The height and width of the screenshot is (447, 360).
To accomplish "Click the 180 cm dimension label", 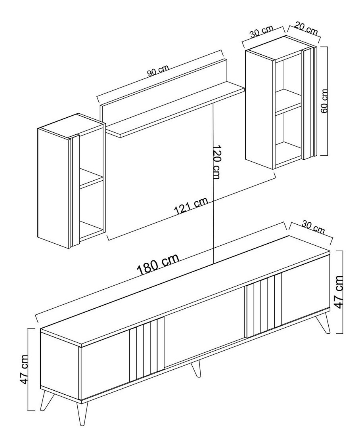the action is click(158, 265).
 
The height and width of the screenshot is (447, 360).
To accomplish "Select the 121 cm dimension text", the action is click(191, 206).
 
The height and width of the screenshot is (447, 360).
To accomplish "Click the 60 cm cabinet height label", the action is click(324, 101).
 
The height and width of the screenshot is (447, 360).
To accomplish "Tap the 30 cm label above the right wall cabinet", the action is click(262, 32).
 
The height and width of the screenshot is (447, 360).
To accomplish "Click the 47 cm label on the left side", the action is click(25, 369).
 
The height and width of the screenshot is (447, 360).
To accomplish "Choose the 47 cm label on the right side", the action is click(339, 292).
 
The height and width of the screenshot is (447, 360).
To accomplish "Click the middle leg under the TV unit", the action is click(195, 369).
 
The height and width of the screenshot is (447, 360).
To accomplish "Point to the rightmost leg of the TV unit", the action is click(323, 324).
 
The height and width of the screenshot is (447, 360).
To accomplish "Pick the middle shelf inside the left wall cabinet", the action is click(91, 179).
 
